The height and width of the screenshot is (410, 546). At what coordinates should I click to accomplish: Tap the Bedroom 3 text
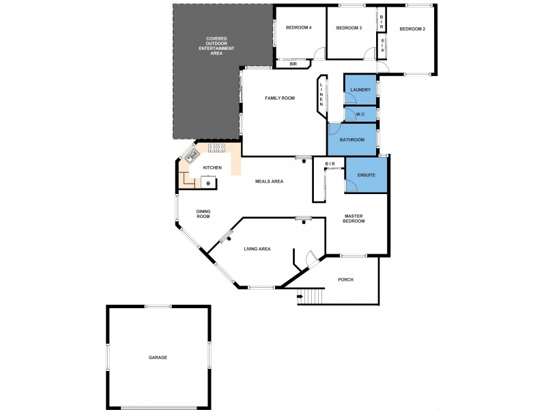coord(349,28)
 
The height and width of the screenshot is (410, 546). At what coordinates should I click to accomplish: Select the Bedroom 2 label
coord(412,29)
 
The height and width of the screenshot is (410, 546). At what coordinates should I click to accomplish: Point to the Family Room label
coord(280,98)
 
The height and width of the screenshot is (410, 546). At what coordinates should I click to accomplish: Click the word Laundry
coord(360,90)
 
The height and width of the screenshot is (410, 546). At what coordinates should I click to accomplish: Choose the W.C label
coord(360,114)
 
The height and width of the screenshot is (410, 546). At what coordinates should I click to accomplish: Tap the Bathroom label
coord(353,140)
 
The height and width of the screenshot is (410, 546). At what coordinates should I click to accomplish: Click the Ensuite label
coord(366,176)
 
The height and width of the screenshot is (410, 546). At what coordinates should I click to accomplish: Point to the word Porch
coord(345,279)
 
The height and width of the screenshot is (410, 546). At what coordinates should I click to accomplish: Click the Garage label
coord(158,357)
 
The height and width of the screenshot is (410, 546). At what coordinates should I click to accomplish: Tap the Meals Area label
coord(269,181)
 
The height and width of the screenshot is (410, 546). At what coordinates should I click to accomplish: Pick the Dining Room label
coord(203,214)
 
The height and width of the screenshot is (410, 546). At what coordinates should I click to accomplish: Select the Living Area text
coord(257,249)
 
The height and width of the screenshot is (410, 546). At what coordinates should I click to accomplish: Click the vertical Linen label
coord(321,94)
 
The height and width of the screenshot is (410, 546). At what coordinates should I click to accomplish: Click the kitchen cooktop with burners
coord(216,147)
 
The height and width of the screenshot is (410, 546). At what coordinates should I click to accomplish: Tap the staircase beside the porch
coord(313,297)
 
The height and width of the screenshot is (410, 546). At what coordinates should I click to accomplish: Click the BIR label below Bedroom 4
coord(293,64)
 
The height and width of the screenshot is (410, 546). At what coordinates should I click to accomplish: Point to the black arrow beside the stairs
coord(300,297)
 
